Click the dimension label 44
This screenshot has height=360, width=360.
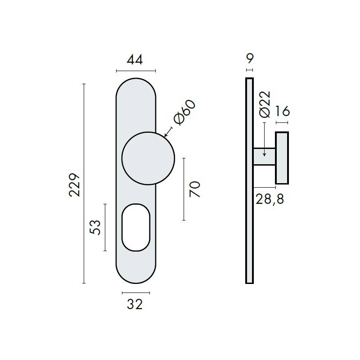135,60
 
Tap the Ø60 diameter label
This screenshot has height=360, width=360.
185,112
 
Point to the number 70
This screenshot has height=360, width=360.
194,189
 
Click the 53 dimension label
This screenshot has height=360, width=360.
95,227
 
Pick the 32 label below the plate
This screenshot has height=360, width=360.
135,305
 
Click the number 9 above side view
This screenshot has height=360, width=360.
250,58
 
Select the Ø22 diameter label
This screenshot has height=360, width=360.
265,104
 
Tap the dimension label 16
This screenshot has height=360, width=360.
282,111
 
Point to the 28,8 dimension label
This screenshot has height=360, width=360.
270,198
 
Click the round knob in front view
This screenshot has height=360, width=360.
148,158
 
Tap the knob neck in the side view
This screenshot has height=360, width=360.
265,157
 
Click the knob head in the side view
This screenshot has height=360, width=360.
282,158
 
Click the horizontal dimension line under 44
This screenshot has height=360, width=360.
136,71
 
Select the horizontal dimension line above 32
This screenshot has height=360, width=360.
136,292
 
